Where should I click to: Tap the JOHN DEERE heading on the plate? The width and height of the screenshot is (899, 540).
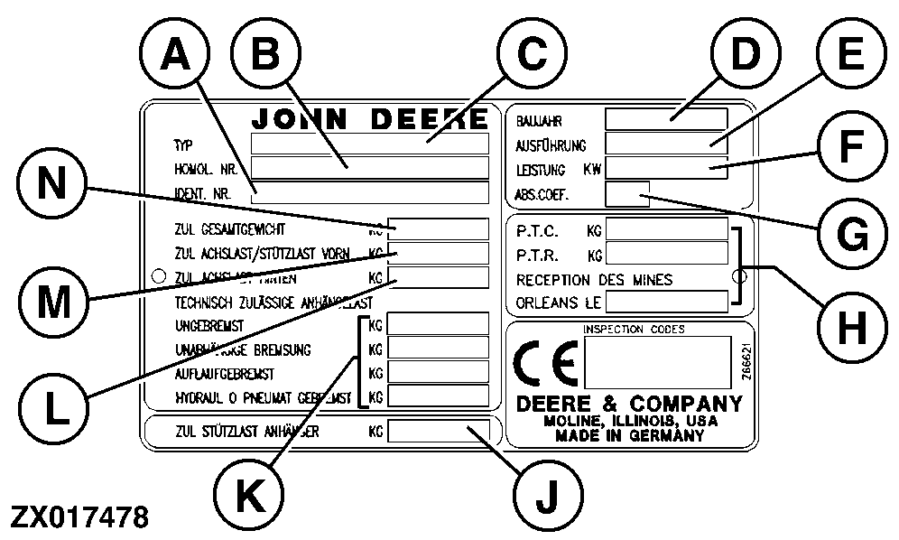coord(370,119)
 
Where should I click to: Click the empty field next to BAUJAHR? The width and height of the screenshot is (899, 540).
coord(666,119)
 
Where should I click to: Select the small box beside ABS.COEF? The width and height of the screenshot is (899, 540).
coord(627,193)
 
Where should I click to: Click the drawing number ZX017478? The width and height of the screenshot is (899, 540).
coord(79,517)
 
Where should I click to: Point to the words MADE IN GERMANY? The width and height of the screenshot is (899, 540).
coord(630,436)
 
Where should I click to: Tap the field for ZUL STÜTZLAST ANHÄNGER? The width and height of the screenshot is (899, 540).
coord(438,432)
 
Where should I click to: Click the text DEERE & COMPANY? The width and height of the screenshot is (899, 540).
coord(630,403)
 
